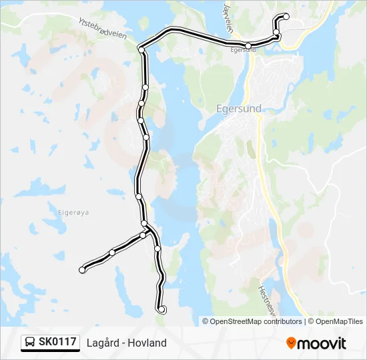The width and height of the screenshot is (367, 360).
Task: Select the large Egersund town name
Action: [239, 108]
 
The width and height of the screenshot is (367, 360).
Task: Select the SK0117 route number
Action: [57, 342]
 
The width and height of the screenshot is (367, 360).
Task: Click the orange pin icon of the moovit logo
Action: [291, 343]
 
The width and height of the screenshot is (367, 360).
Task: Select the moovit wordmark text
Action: [322, 343]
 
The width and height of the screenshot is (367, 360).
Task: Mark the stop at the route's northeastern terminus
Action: [286, 16]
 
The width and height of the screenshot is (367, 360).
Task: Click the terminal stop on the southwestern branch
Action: [82, 270]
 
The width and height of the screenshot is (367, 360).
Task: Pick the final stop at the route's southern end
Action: [161, 309]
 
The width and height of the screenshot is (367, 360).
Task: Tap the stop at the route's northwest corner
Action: [141, 49]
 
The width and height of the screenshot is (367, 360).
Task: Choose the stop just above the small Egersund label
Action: [248, 46]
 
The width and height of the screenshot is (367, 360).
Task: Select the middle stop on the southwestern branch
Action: [112, 252]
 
